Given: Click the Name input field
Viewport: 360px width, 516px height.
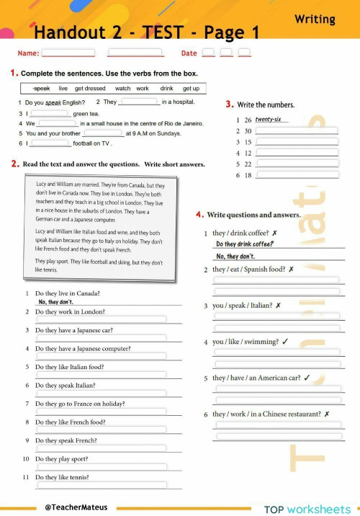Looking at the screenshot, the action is (68, 53).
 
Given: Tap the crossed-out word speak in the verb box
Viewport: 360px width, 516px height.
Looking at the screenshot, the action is (42, 89).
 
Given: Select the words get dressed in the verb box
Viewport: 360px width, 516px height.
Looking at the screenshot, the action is (90, 89).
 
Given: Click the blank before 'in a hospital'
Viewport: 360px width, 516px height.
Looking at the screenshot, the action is (139, 102).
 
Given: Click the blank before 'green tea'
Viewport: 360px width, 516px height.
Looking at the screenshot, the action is (49, 113).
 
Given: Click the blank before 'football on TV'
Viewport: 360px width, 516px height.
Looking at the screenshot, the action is (49, 143).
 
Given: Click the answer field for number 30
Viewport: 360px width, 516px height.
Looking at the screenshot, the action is (297, 130).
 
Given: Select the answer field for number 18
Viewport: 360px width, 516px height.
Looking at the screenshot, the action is (297, 175).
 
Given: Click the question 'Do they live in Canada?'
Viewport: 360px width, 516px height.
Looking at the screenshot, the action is (68, 293).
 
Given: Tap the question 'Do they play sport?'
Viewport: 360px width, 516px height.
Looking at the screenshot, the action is (62, 458).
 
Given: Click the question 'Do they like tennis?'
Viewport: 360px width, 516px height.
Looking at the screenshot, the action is (63, 477).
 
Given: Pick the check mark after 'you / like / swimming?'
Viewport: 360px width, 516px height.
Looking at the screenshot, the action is (286, 342).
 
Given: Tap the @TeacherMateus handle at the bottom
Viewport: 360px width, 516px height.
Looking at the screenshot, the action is (76, 507).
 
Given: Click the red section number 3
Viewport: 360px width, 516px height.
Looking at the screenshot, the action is (229, 104).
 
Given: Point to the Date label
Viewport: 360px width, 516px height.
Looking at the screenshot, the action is (189, 53).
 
